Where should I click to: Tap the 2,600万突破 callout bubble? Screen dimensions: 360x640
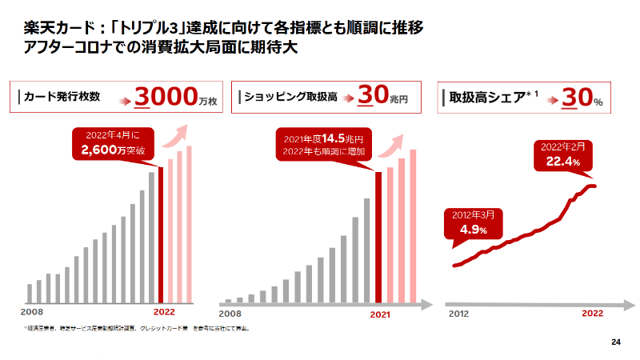[x=112, y=142]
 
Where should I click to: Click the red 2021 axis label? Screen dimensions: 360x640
[x=379, y=314]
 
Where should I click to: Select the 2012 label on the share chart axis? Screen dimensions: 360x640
[x=459, y=314]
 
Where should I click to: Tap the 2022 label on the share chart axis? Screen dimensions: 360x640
[x=592, y=314]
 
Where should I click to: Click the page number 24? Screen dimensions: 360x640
[x=615, y=342]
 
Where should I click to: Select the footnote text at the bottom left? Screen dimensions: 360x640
[x=136, y=328]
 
